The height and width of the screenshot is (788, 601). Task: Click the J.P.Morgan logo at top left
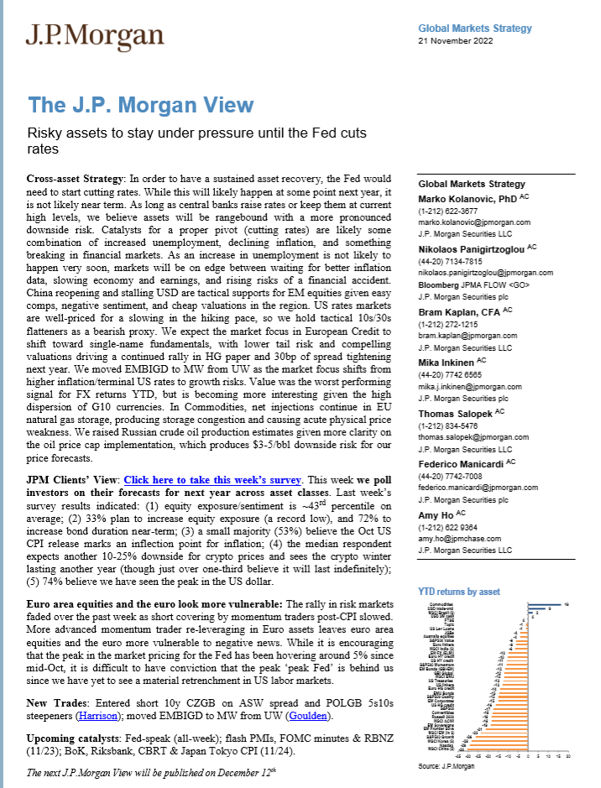click(x=94, y=35)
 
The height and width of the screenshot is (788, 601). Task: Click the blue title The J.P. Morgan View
click(x=141, y=105)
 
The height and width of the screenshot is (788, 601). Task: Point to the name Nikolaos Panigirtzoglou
click(x=472, y=248)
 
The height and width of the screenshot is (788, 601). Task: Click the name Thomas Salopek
click(x=457, y=412)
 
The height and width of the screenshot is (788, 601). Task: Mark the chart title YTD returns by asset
click(x=458, y=592)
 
